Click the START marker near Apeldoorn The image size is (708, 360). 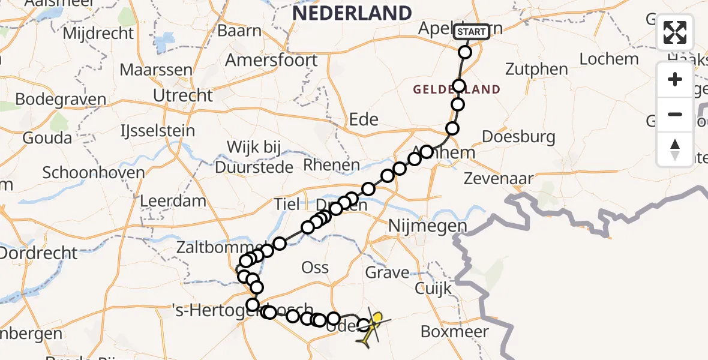pos(472,32)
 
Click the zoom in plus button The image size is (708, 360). pos(675,79)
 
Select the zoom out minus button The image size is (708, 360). pos(675,114)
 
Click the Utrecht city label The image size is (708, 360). pos(182,95)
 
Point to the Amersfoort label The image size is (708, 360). pos(271,60)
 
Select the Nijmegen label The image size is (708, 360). pos(427,226)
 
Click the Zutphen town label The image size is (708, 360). pos(536,69)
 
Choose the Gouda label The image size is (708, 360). pos(47,138)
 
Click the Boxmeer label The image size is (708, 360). pos(454,331)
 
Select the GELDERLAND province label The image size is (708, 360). pos(457,90)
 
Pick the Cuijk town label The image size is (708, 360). pos(433,289)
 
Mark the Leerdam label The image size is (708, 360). pos(173,201)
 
